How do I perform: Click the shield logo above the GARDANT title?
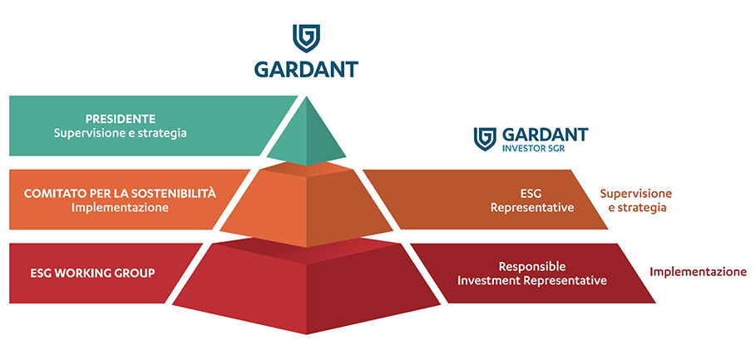pyautogui.click(x=306, y=38)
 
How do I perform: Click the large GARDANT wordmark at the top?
pyautogui.click(x=306, y=69)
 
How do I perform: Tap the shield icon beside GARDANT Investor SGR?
pyautogui.click(x=485, y=139)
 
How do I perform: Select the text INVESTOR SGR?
pyautogui.click(x=534, y=149)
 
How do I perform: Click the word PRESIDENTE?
pyautogui.click(x=121, y=119)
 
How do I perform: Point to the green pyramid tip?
pyautogui.click(x=306, y=131)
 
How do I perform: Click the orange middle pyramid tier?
pyautogui.click(x=306, y=205)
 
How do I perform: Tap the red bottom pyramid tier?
pyautogui.click(x=306, y=286)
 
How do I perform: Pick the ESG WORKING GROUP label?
pyautogui.click(x=92, y=274)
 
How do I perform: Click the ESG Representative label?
pyautogui.click(x=531, y=200)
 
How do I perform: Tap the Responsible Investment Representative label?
pyautogui.click(x=532, y=274)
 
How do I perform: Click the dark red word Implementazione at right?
pyautogui.click(x=698, y=272)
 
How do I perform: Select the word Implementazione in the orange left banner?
pyautogui.click(x=120, y=208)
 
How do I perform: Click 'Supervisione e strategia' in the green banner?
pyautogui.click(x=120, y=133)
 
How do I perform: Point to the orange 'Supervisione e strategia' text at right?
pyautogui.click(x=635, y=200)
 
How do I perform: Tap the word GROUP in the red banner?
pyautogui.click(x=136, y=274)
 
